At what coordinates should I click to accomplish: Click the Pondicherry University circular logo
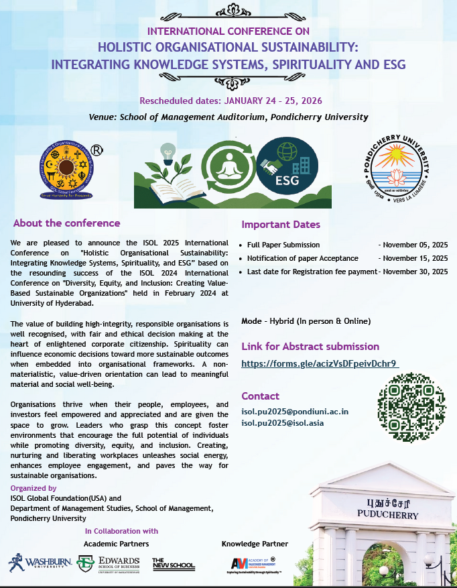point(396,168)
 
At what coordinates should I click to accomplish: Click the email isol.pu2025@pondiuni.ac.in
point(295,412)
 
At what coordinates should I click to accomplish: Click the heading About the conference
point(67,223)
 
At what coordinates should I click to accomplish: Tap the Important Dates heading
point(281,225)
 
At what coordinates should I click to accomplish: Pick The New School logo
point(174,563)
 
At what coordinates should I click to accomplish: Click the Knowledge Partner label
point(255,543)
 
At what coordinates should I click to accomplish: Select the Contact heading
point(260,396)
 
